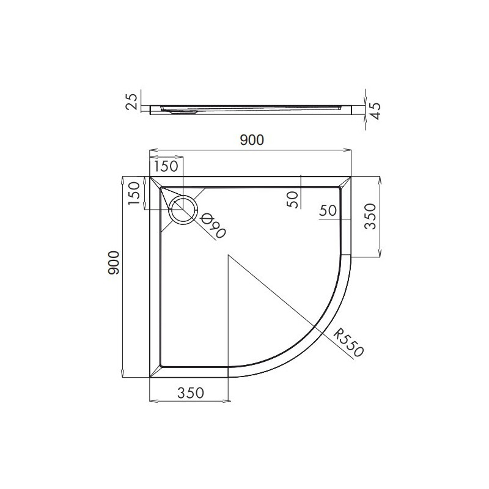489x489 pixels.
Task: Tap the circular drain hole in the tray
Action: tap(183, 210)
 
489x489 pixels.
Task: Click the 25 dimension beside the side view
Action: tap(131, 102)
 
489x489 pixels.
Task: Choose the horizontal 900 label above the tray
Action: tap(251, 141)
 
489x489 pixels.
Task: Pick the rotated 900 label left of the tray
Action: tap(113, 263)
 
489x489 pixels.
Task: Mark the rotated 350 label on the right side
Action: tap(371, 217)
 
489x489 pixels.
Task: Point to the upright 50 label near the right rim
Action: tap(329, 210)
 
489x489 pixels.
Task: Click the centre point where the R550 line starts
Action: tap(228, 256)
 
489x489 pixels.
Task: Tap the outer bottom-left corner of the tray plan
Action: tap(150, 378)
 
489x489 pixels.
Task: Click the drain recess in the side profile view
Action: tap(180, 111)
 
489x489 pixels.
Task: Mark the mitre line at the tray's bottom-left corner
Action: tap(156, 372)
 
